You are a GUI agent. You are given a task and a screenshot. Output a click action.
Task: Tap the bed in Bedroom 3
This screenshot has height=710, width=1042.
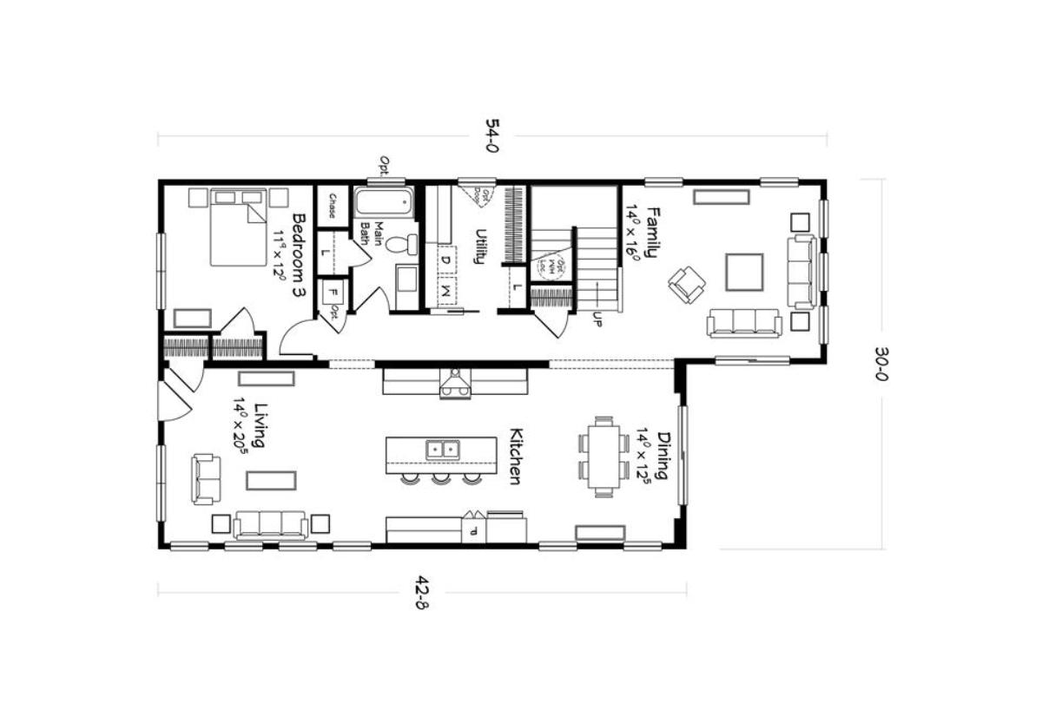pos(237,227)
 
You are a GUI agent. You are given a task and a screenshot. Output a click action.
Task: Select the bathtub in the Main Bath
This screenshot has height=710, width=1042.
pos(382,206)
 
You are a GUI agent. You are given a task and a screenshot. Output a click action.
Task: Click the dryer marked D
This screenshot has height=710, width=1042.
pos(445,258)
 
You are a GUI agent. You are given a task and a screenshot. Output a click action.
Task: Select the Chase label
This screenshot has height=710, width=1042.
pos(332,207)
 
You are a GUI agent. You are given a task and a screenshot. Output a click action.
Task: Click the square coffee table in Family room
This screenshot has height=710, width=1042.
pos(744,272)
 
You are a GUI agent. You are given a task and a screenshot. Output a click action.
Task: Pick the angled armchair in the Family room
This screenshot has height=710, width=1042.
pos(687,284)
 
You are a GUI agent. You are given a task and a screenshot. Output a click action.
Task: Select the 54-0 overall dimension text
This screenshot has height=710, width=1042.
pos(491,137)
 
